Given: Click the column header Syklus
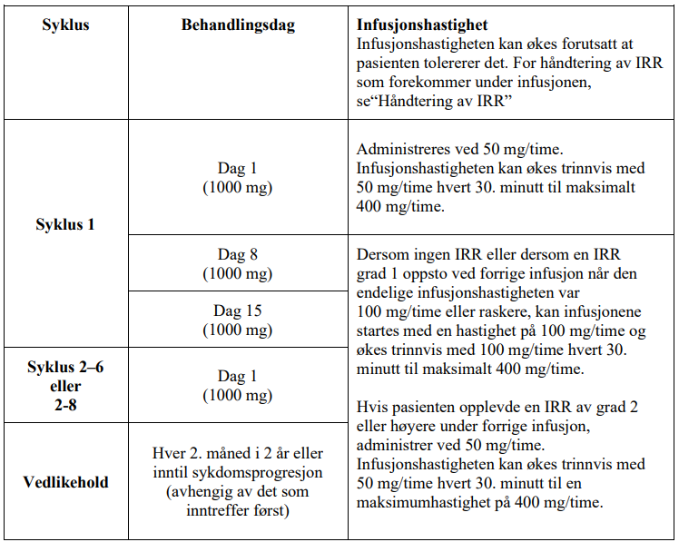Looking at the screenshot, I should [65, 25].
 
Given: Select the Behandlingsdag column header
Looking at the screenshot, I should [238, 25].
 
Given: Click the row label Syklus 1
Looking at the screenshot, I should [65, 224].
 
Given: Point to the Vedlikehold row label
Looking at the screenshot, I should [65, 482].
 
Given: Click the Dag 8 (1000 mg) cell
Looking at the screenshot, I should [238, 264].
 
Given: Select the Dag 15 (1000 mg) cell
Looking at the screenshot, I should [238, 319].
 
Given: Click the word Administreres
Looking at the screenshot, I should [403, 148].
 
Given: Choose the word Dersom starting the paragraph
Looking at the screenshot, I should [383, 255].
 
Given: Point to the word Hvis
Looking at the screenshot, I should [372, 408].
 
